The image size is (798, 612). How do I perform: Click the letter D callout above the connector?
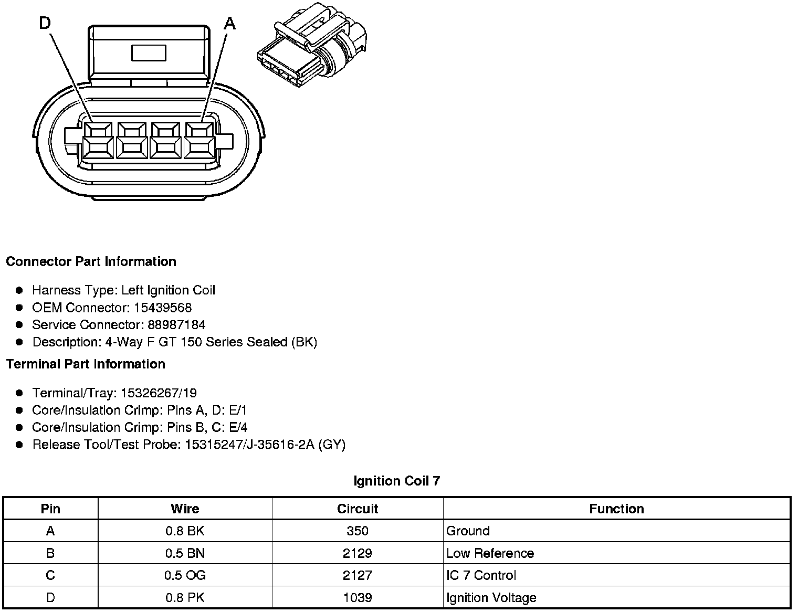click(x=45, y=24)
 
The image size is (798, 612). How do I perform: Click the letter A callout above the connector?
click(x=230, y=24)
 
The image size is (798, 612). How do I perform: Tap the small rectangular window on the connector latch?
click(x=149, y=53)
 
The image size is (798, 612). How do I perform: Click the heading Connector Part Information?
click(x=91, y=261)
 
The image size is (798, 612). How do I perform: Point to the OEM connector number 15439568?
click(x=163, y=308)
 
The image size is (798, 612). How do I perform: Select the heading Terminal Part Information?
click(x=86, y=364)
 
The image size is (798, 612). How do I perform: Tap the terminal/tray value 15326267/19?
click(x=159, y=393)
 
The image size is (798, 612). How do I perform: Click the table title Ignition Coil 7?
click(x=396, y=481)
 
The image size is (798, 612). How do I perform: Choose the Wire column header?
click(x=185, y=509)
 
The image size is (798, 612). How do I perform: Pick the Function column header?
click(x=616, y=509)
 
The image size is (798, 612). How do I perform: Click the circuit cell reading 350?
click(x=358, y=531)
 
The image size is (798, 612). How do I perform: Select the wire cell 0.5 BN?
click(x=185, y=553)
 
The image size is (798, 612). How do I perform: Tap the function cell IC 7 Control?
click(x=481, y=575)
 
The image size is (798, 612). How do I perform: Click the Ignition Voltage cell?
click(x=491, y=598)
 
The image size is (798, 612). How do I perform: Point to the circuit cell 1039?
click(x=358, y=598)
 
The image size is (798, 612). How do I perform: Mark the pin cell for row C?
click(x=50, y=575)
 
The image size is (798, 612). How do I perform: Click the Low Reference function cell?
click(x=490, y=553)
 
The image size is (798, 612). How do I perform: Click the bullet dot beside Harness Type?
click(x=19, y=290)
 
